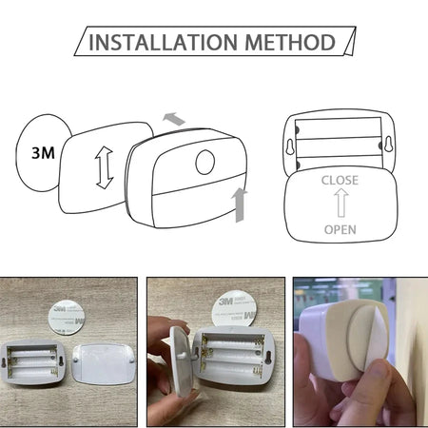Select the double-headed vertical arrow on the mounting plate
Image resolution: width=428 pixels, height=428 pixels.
(x=104, y=166)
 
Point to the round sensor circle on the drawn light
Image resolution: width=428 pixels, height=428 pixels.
(x=205, y=162)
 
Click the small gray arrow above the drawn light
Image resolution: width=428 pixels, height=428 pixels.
(x=174, y=119)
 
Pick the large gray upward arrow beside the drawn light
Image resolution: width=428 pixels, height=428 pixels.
(x=241, y=203)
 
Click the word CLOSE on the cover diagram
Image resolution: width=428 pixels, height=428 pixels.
(x=340, y=180)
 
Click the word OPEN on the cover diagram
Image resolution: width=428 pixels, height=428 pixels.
(x=340, y=229)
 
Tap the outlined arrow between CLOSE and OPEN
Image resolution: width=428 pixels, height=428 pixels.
(x=340, y=204)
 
